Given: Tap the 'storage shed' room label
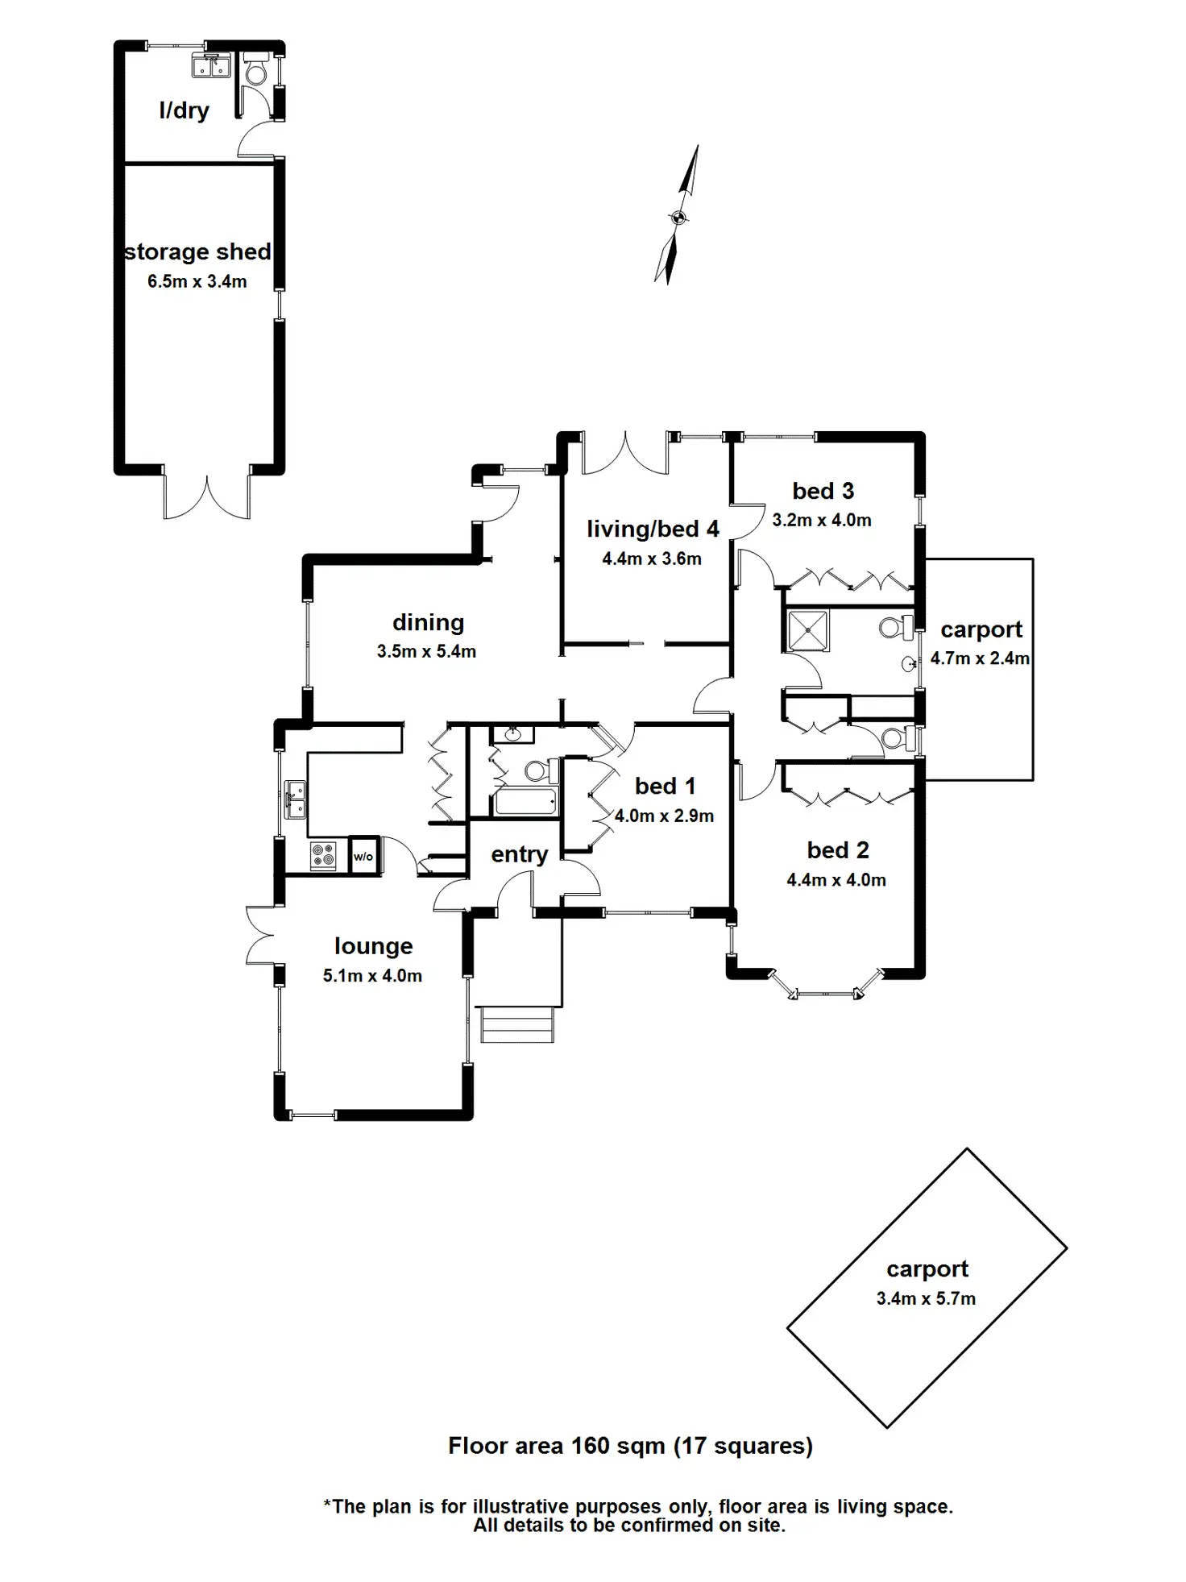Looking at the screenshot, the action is (197, 251).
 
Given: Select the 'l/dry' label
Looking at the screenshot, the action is (184, 110).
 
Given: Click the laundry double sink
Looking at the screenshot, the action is (212, 65).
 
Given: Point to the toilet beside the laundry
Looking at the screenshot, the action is (256, 70).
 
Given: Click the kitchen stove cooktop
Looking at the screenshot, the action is (323, 854).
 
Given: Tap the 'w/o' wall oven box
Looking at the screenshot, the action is (363, 855).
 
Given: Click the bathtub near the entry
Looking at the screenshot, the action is (525, 801).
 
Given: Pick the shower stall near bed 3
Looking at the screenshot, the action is (807, 631).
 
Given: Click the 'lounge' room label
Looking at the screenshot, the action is (373, 946).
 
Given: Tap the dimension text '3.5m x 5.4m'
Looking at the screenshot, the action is (426, 651).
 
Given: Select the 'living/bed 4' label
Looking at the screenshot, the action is (653, 529).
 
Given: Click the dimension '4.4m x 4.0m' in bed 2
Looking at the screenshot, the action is (836, 880).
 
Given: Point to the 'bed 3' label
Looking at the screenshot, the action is (823, 491).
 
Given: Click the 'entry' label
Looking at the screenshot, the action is (520, 854).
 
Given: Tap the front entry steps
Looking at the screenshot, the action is (518, 1024).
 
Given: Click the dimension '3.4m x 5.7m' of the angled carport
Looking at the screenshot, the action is (926, 1298).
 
